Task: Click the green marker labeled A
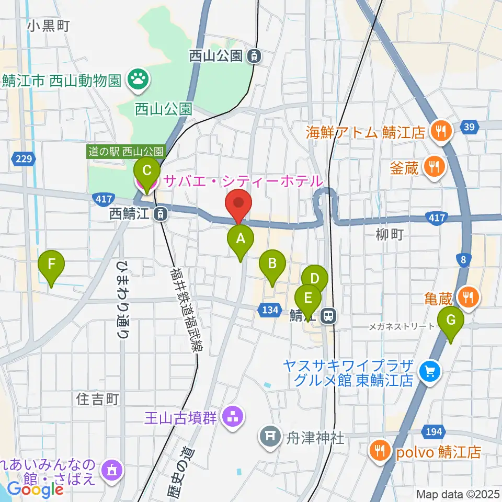pyautogui.click(x=241, y=239)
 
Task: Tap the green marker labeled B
pyautogui.click(x=272, y=263)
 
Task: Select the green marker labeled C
pyautogui.click(x=147, y=170)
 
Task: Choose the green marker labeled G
pyautogui.click(x=450, y=320)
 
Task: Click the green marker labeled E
pyautogui.click(x=308, y=299)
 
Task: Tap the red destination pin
pyautogui.click(x=238, y=203)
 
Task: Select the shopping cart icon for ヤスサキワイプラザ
pyautogui.click(x=430, y=372)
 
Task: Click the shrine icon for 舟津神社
pyautogui.click(x=270, y=437)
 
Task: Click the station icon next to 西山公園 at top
pyautogui.click(x=254, y=55)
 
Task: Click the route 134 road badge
pyautogui.click(x=269, y=310)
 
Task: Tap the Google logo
pyautogui.click(x=36, y=489)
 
